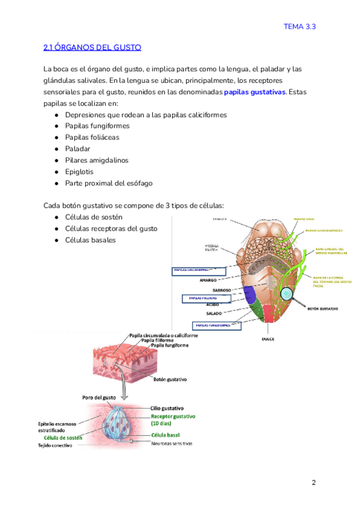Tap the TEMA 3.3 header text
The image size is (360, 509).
300,26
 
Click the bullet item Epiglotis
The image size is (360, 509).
80,172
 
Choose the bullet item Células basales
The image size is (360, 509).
91,240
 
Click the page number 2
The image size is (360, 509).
313,483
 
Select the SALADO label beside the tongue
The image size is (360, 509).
214,313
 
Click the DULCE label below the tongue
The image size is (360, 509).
268,339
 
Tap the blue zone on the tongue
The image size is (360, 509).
248,294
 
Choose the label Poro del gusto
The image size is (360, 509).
99,398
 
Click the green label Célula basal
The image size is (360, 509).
166,435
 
